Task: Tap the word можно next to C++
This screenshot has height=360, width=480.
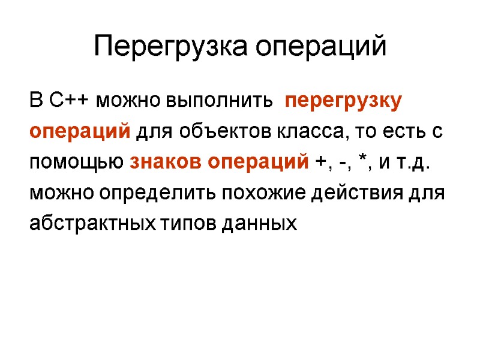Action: click(129, 100)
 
